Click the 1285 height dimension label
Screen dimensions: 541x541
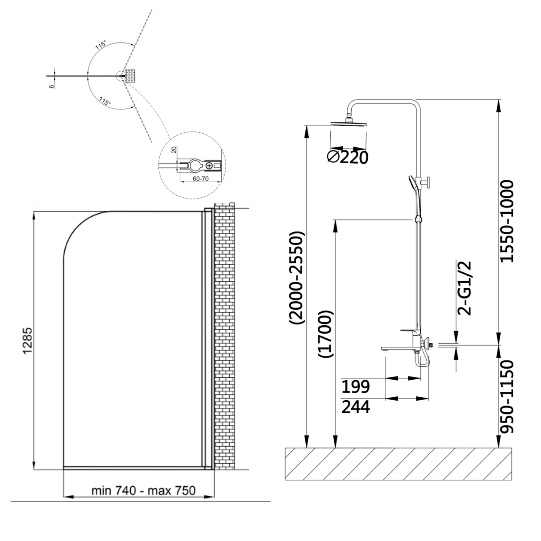[28, 341]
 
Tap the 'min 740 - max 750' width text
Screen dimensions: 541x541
[143, 491]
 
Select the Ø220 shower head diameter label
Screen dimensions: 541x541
[348, 158]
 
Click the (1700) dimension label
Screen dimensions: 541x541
[326, 334]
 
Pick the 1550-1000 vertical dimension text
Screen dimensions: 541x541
[507, 222]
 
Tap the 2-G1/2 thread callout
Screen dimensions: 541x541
[464, 288]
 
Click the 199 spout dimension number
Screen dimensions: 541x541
[356, 387]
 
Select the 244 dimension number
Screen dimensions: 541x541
[356, 407]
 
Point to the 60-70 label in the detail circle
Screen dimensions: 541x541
[200, 179]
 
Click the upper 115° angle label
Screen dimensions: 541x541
[101, 45]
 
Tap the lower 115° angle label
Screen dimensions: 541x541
[105, 101]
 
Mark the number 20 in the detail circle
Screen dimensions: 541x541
[174, 150]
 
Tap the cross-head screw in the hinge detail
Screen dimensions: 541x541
[209, 166]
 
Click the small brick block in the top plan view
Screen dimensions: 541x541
[130, 76]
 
